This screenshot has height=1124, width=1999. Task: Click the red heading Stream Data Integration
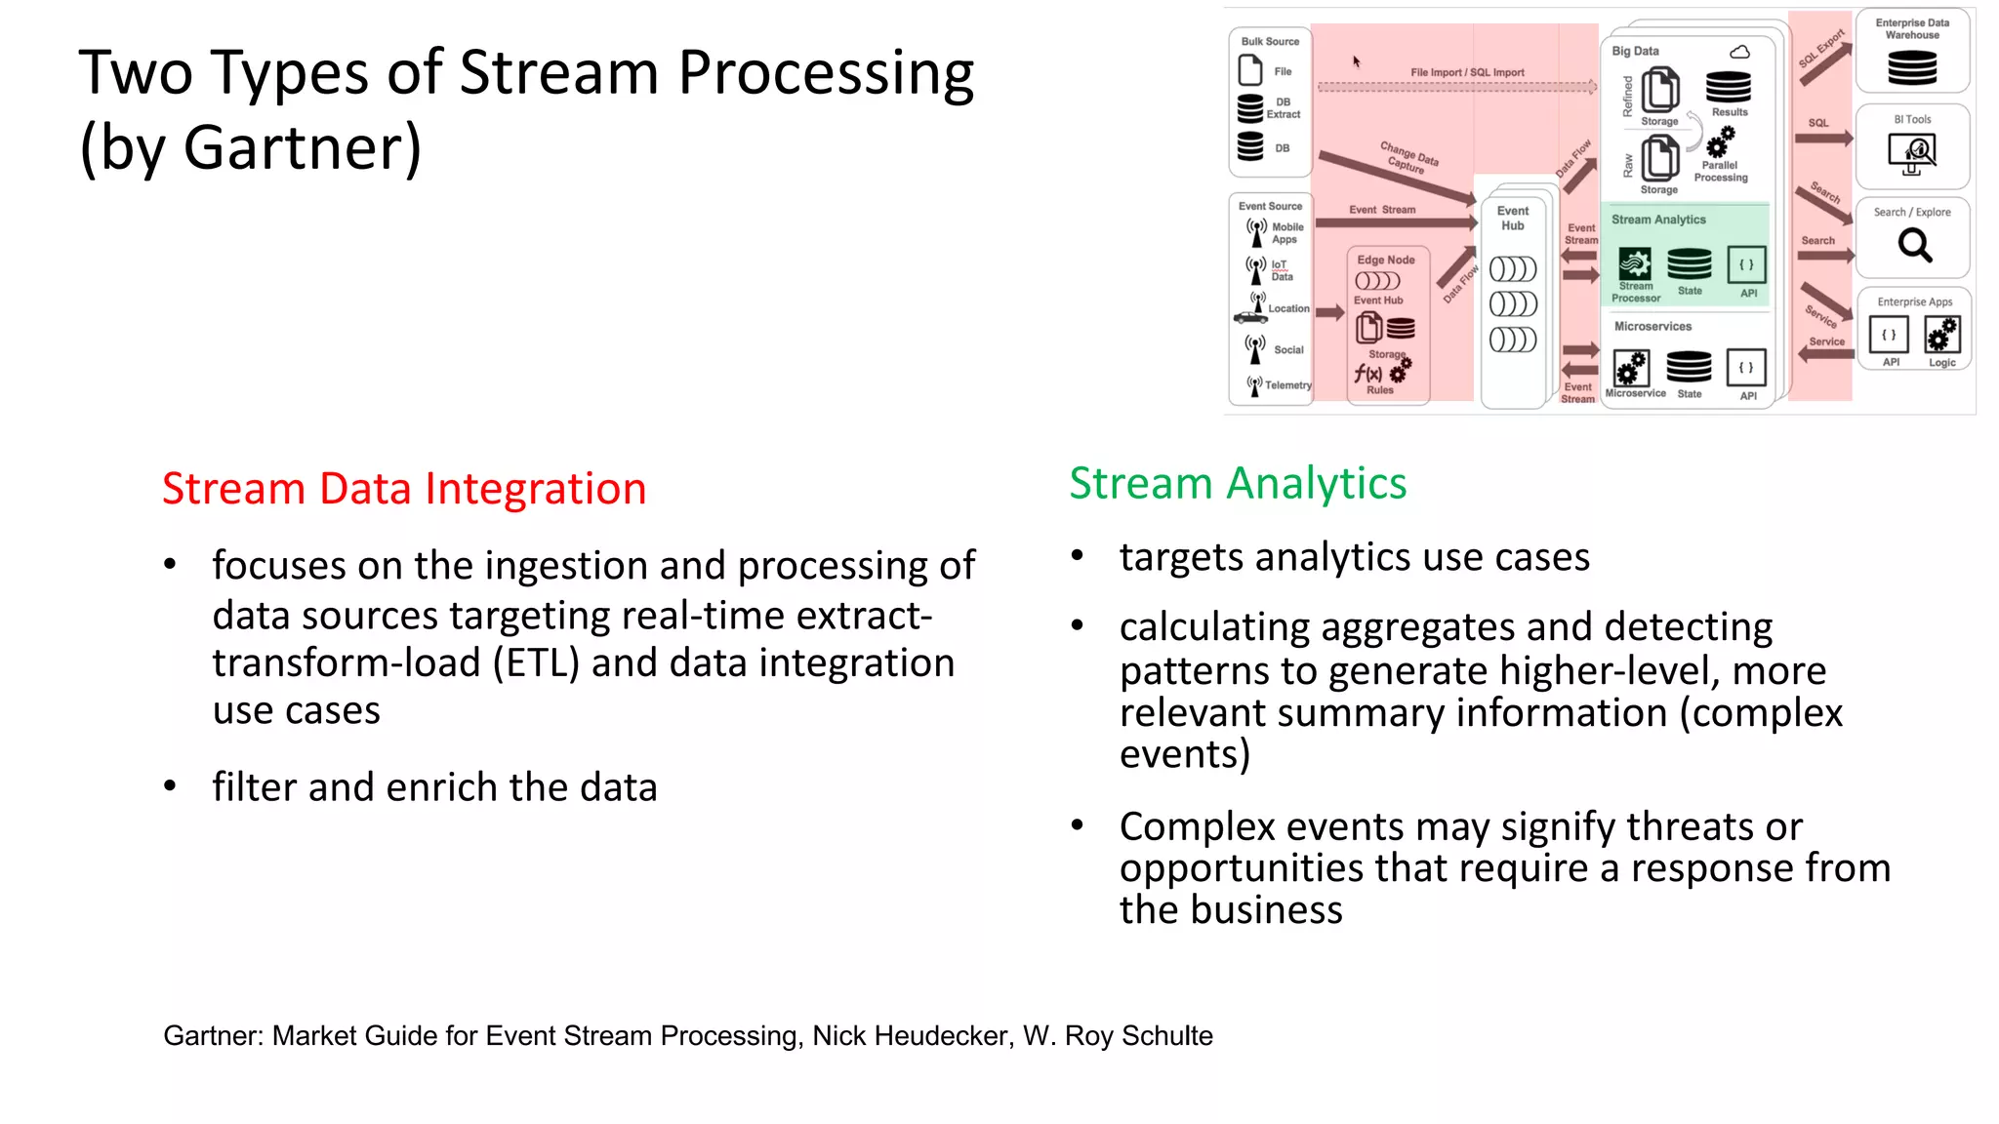coord(403,489)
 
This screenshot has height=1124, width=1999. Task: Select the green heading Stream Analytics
coord(1237,484)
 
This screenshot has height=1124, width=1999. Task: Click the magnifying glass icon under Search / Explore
coord(1914,245)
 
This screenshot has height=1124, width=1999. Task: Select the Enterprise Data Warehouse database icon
coord(1911,67)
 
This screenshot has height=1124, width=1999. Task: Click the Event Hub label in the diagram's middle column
coord(1512,218)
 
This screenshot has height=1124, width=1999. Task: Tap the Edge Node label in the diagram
coord(1385,260)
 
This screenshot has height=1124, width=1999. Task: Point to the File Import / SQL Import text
coord(1466,72)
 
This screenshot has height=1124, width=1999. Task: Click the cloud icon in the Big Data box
coord(1739,52)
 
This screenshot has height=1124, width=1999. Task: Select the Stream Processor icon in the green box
coord(1635,263)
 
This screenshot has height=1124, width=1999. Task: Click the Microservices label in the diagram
coord(1652,326)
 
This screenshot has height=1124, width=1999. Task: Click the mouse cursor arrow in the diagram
coord(1356,61)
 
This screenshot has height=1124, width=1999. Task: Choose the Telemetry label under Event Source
coord(1287,385)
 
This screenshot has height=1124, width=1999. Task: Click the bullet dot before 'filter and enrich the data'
coord(170,785)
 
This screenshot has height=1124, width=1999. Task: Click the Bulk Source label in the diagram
coord(1270,41)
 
